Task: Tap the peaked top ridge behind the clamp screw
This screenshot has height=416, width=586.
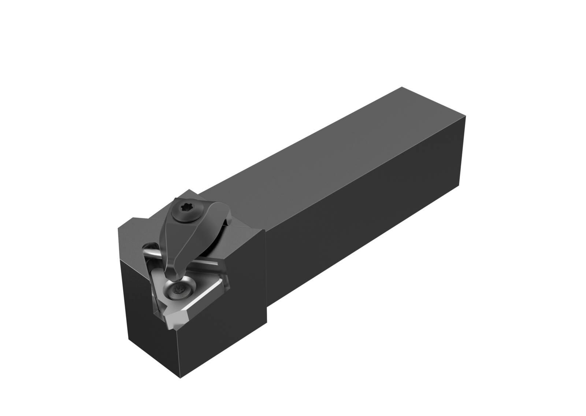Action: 189,191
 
